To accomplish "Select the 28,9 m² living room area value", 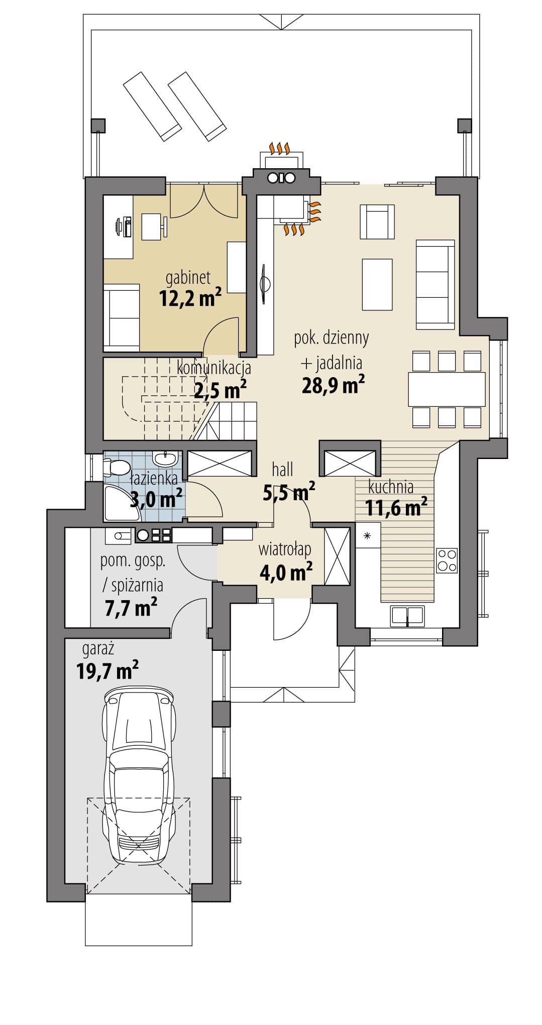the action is point(333,385).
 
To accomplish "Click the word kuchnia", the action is point(391,487).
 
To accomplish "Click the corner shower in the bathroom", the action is point(117,502).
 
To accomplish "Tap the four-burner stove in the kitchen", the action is point(447,560).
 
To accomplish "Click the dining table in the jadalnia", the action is point(447,389).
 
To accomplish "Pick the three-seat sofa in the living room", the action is point(435,284).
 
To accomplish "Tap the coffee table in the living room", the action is point(377,284).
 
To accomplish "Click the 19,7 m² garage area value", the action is point(107,670).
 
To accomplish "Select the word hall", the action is point(282,470).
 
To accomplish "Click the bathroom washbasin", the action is point(165,458).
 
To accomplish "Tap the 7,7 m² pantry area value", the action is point(131,608).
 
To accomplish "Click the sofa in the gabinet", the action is point(121,317).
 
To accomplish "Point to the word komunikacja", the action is point(214,369).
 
